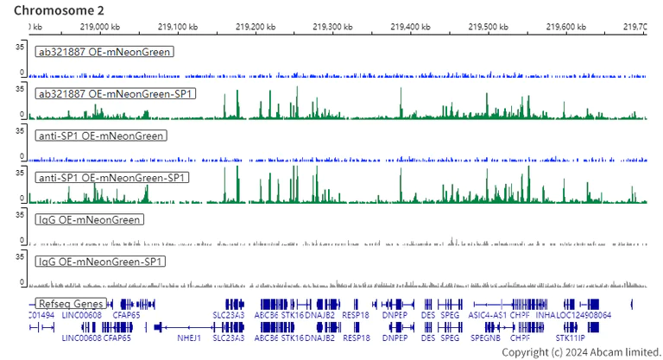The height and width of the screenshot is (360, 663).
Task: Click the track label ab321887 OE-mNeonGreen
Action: pos(104,52)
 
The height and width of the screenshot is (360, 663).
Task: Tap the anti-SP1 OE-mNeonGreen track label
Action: pos(101,136)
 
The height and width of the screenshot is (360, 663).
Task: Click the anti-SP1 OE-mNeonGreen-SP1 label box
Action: pos(112,178)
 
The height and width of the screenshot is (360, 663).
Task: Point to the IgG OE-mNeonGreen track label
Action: pos(89,220)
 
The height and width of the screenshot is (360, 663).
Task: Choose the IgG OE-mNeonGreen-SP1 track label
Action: pos(100,262)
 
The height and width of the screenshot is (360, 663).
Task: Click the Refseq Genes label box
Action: pos(71,304)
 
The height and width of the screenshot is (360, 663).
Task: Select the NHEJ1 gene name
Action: pos(188,338)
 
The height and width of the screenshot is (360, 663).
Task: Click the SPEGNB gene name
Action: pos(485,338)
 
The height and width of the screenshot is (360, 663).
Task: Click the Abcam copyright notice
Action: pos(579,352)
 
